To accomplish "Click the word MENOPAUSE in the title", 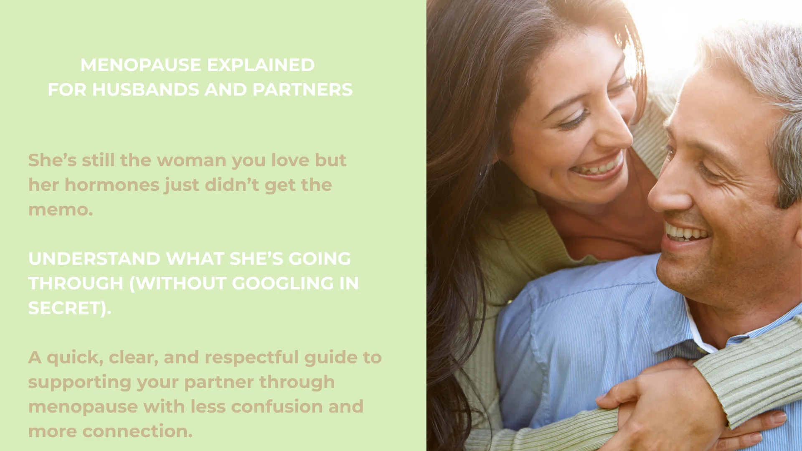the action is pos(141,65).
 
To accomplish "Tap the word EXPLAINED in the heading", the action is pos(261,65).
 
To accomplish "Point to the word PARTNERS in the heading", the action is pos(302,90).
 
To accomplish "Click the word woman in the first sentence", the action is pos(191,160).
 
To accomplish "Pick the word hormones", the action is pos(112,185).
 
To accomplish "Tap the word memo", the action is pos(61,210).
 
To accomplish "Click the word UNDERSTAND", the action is pos(94,259).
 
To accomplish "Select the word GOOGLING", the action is pos(283,284).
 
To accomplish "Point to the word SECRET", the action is pos(67,308).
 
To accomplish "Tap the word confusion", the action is pos(277,407).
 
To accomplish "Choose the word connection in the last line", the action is pos(137,431).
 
